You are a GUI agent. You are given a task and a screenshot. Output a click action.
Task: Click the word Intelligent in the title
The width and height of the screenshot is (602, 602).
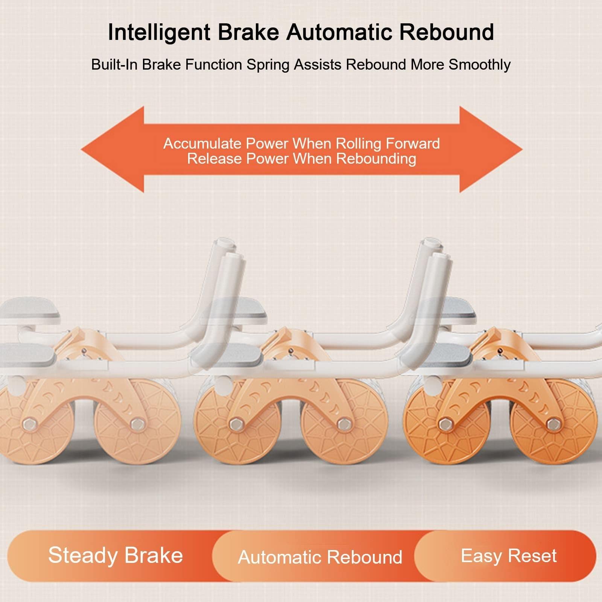tap(159, 33)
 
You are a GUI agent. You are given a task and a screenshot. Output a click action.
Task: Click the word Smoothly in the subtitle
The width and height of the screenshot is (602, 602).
tap(480, 65)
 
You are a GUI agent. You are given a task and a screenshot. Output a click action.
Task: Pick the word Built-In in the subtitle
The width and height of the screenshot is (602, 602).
tap(114, 65)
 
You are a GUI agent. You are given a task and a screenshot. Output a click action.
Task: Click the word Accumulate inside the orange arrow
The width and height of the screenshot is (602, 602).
tap(202, 144)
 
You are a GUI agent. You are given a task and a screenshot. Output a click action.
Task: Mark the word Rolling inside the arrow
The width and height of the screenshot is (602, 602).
tap(359, 144)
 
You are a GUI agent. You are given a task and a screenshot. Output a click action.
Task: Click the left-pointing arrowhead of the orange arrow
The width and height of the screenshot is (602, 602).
tap(112, 149)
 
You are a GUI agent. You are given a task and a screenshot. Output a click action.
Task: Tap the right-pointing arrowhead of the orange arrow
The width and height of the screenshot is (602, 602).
tap(491, 149)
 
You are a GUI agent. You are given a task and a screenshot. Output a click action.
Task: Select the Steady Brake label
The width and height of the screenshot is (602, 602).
tap(116, 555)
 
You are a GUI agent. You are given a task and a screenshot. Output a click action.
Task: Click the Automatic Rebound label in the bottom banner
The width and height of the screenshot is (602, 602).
tap(320, 557)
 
